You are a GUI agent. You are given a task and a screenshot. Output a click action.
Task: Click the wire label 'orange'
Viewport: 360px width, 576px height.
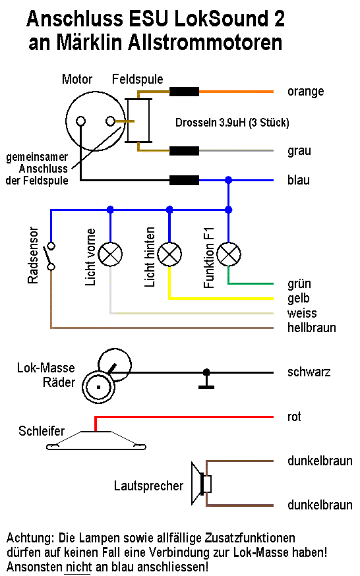[306, 92]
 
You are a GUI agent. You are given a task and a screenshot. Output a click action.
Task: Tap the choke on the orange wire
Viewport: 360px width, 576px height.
[184, 92]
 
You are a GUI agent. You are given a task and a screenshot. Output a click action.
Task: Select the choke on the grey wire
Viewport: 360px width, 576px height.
[184, 151]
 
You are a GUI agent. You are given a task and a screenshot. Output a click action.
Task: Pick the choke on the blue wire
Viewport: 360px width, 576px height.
[184, 181]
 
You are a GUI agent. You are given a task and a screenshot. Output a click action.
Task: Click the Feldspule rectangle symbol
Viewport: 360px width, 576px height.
[138, 121]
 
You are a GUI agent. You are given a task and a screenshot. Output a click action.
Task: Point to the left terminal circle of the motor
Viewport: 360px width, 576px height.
[80, 121]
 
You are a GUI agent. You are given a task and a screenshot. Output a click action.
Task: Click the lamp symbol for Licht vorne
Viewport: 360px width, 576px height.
[110, 254]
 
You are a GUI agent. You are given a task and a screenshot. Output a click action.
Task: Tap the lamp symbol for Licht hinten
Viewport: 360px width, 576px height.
[169, 254]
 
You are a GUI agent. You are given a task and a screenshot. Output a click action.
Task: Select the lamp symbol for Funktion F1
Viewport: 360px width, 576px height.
[229, 254]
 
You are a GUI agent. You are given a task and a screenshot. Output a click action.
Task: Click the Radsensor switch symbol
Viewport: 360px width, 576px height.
[50, 256]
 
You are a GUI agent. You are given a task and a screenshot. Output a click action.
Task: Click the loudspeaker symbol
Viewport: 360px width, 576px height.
[201, 484]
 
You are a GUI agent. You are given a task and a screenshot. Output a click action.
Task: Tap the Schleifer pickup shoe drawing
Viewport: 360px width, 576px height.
[96, 440]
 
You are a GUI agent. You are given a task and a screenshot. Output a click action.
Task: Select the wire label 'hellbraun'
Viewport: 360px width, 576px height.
[311, 328]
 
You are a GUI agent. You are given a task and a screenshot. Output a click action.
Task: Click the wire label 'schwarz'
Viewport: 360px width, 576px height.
[309, 372]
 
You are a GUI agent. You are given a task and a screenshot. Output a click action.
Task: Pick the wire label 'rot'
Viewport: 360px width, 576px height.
[294, 417]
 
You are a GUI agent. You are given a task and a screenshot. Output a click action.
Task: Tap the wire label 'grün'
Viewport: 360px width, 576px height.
[299, 284]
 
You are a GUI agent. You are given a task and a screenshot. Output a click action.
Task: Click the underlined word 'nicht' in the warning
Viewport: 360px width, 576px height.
[78, 567]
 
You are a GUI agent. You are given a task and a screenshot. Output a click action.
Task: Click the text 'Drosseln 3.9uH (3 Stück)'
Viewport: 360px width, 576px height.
[232, 123]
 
